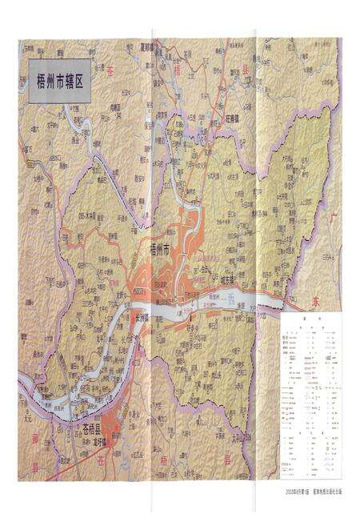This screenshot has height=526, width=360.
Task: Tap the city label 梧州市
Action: tap(161, 251)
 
